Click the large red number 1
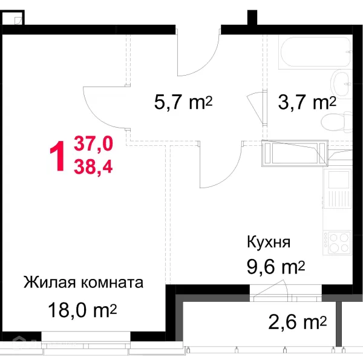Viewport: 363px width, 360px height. (59, 155)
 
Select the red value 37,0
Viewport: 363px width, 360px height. (93, 144)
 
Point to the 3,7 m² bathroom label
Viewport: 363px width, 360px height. (306, 102)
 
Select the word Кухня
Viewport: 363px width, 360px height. (269, 243)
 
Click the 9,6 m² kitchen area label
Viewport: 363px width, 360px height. (276, 267)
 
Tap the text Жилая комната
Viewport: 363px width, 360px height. (83, 283)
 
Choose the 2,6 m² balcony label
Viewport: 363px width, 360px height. (297, 320)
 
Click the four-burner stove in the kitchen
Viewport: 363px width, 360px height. (337, 241)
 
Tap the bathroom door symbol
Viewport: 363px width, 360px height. (258, 109)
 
